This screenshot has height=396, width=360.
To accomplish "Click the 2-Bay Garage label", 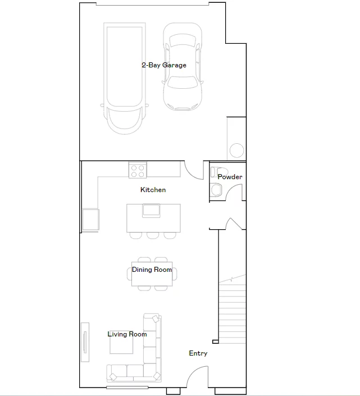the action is coord(164,65).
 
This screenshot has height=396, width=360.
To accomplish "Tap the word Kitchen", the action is coord(153,190).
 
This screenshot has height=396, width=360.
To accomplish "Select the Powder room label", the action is coord(230,177).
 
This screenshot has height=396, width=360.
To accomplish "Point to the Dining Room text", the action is coord(152,270).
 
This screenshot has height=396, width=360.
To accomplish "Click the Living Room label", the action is coord(127,334).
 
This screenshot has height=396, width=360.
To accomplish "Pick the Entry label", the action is coord(198,353).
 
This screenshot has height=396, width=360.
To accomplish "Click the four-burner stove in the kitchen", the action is coord(138,170).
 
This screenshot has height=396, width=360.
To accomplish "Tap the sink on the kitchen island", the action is coord(151,211).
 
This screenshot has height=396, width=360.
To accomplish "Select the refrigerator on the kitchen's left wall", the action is coord(90,220).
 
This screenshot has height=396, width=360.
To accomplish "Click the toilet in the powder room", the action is coord(216,190).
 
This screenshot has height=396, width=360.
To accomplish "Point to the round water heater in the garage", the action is coord(237,151).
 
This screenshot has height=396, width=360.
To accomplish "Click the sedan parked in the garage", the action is coord(183,67).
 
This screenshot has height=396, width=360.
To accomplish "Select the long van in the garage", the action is coord(125,78).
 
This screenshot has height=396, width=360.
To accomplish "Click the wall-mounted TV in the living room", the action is coord(85,342).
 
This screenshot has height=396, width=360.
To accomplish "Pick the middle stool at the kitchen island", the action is coord(153,235).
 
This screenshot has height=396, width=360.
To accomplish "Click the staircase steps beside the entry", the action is coord(233,313).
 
